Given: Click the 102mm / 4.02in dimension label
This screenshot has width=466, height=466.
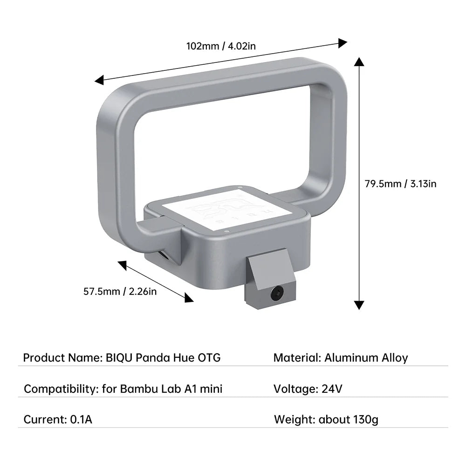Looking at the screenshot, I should (x=221, y=46).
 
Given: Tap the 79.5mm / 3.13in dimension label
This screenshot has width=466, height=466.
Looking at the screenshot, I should (x=400, y=184).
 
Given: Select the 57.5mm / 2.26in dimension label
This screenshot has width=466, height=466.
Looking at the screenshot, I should (x=120, y=292).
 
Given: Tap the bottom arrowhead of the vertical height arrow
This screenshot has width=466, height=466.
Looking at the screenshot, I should (x=358, y=305).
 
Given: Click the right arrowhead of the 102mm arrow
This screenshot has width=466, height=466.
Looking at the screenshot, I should (x=343, y=43).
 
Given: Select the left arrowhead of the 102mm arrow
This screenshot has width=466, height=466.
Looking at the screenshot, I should (x=99, y=81).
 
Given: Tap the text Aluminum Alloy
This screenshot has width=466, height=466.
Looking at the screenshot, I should (x=366, y=358).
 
